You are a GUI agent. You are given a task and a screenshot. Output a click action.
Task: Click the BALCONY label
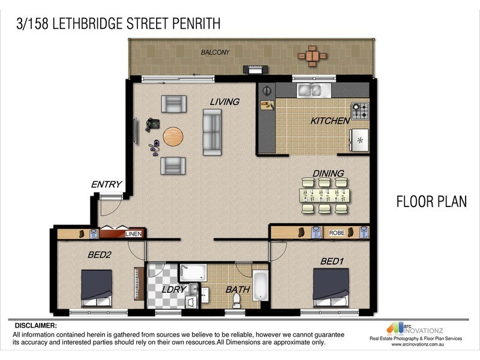(215, 53)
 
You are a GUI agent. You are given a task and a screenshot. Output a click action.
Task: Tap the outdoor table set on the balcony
(312, 56)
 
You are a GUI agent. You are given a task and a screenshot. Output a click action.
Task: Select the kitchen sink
(310, 91)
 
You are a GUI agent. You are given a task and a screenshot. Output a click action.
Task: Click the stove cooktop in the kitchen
(360, 111)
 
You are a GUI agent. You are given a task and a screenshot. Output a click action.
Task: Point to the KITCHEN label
(329, 121)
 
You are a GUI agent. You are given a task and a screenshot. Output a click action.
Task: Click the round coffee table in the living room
(173, 137)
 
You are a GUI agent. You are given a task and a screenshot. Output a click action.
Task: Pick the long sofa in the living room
(212, 131)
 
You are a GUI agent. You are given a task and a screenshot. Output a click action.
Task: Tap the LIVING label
(224, 102)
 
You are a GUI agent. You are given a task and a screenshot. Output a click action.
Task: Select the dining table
(324, 196)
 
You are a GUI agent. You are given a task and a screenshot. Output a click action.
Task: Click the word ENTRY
(106, 185)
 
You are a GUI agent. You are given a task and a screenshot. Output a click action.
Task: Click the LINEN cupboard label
(133, 234)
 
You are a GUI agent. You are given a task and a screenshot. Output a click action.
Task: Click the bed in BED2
(97, 289)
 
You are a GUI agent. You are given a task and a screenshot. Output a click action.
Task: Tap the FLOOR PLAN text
(431, 202)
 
